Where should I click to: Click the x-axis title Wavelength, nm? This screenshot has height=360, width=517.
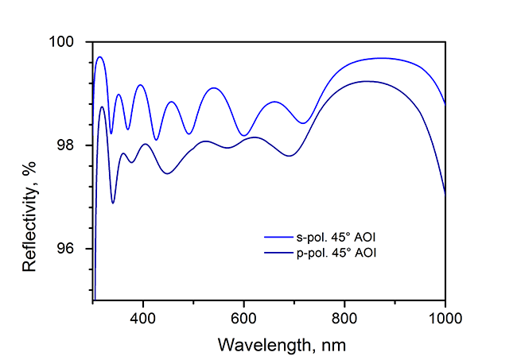click(270, 345)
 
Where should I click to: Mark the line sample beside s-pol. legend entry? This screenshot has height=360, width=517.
click(280, 238)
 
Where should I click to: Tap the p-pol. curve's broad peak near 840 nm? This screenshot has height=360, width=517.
click(366, 81)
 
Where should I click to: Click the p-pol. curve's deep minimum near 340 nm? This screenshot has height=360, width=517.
click(113, 203)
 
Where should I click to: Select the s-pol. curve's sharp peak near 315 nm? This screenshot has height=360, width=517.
click(100, 57)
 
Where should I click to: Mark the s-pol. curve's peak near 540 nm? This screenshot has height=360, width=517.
click(213, 88)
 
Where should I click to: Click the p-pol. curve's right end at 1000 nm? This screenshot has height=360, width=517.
click(445, 192)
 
